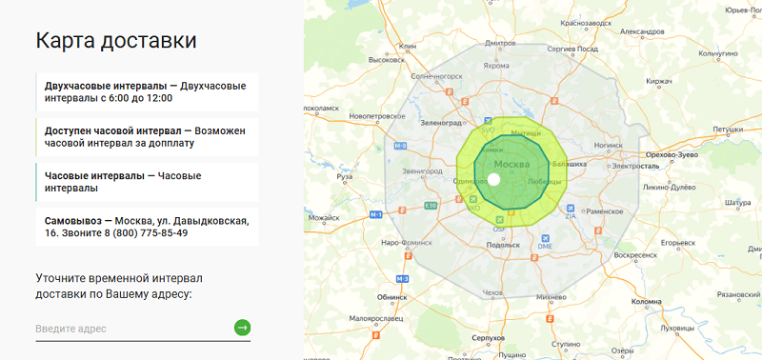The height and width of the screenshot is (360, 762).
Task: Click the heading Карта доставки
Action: tap(116, 40)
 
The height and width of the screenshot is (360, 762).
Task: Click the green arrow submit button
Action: tap(242, 328)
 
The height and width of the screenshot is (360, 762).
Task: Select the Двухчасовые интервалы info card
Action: tap(147, 91)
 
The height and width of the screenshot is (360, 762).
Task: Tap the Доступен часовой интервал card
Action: tap(147, 136)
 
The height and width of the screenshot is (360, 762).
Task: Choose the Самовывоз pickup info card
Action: tap(147, 227)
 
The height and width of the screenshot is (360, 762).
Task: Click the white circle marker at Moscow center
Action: tap(493, 179)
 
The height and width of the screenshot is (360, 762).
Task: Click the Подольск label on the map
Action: tap(503, 245)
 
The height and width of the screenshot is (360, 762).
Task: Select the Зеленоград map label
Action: tap(440, 123)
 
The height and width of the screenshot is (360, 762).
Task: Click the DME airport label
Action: tap(545, 248)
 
